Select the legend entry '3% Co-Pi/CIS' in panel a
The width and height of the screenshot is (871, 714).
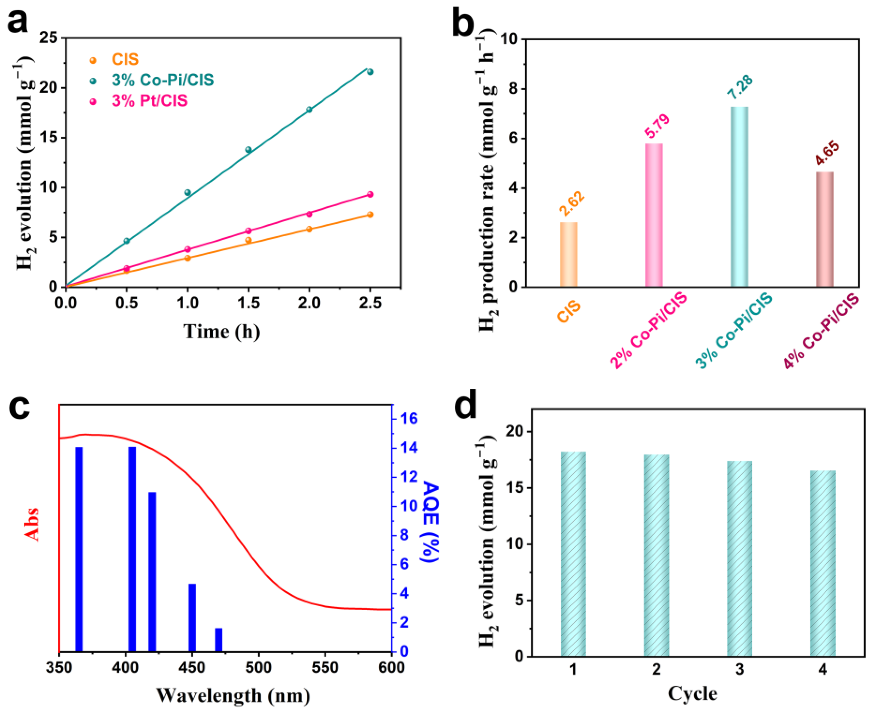(x=162, y=80)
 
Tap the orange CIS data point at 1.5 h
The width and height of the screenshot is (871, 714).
(x=248, y=240)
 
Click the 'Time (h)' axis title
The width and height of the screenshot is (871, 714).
(x=222, y=332)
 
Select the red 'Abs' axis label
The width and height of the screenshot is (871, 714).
(x=32, y=524)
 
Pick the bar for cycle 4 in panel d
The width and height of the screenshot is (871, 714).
(x=823, y=563)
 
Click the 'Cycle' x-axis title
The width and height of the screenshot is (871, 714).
(x=692, y=693)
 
